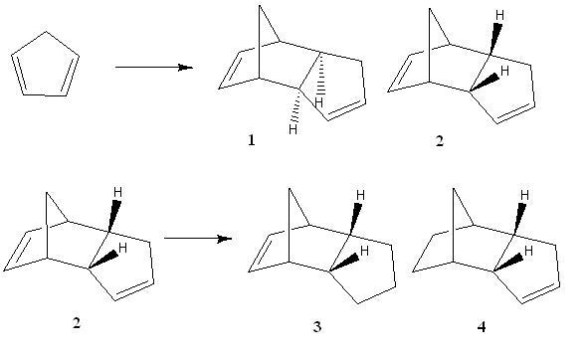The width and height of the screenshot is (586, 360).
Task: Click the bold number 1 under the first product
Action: pos(252,140)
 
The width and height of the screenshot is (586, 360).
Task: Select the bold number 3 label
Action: pos(317,327)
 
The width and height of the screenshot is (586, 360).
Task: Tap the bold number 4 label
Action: pos(482,327)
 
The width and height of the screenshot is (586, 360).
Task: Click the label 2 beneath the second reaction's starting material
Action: pos(77,322)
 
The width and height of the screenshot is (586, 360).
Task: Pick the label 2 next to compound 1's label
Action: pos(440,141)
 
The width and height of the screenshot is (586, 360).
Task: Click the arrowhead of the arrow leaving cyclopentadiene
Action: pos(185,68)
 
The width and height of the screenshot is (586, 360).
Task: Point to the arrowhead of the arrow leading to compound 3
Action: pos(225,239)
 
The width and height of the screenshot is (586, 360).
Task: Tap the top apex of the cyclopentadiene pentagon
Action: pos(46,32)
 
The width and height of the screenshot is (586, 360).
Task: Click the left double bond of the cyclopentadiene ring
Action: pos(19,75)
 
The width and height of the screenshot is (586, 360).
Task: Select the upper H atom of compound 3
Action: pos(360,195)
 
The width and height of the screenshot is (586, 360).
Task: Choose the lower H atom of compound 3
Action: pos(365,251)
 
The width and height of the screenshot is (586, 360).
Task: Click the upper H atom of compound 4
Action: pos(524,195)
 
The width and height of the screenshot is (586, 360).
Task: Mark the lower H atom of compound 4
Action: pos(528,251)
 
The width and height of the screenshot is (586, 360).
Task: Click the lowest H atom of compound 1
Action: pos(293,129)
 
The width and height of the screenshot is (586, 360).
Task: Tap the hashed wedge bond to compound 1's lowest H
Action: pos(296,105)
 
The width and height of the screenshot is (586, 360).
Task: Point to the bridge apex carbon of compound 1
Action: pos(260,6)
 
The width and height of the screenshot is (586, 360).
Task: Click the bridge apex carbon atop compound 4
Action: pos(454,189)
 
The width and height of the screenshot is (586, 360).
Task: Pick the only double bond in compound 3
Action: pos(261,253)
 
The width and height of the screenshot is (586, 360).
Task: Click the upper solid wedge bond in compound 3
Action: pos(354,219)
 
